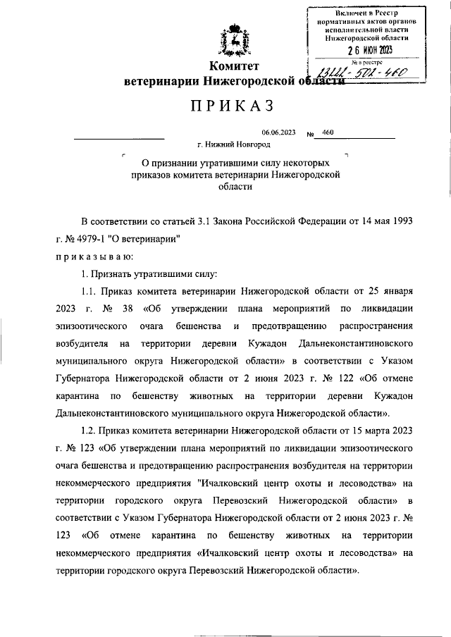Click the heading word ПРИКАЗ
pyautogui.click(x=227, y=106)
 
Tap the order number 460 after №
pyautogui.click(x=327, y=132)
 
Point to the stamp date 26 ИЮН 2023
pyautogui.click(x=369, y=50)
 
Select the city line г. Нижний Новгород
pyautogui.click(x=233, y=144)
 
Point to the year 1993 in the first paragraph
pyautogui.click(x=400, y=220)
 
